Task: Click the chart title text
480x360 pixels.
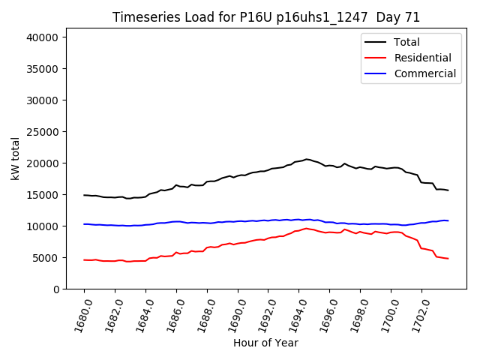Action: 266,17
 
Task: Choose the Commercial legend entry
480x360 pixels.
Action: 424,73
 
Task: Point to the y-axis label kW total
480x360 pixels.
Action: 15,158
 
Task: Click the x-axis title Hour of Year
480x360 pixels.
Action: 265,343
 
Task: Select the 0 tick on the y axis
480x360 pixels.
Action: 65,289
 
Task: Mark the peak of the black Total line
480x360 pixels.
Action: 306,159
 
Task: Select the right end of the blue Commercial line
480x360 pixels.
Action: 448,220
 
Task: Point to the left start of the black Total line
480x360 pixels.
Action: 84,195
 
